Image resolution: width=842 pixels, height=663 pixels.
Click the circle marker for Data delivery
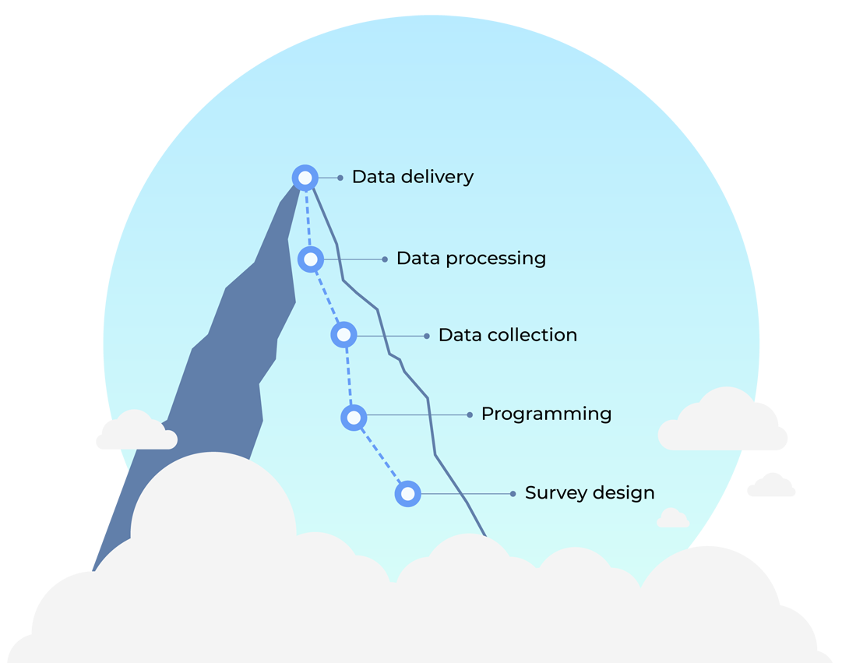pos(305,178)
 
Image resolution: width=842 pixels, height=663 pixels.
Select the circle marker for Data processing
pos(311,259)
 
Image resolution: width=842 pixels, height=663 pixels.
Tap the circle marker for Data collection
pos(343,335)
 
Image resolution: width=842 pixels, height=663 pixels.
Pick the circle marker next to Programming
pos(354,418)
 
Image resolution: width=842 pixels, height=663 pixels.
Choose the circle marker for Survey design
pos(407,494)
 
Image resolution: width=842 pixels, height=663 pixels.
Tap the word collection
pos(531,335)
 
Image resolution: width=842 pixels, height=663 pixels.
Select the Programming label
pos(546,414)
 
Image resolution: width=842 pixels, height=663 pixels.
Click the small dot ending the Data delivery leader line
pos(340,178)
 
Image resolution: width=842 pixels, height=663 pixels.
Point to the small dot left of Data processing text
pos(385,259)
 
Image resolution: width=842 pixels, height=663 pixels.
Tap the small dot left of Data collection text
pos(427,336)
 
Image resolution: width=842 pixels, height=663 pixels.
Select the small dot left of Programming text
pos(470,415)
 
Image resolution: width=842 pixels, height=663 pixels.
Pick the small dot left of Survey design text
pos(513,494)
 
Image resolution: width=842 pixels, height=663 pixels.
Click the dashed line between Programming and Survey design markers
pos(381,457)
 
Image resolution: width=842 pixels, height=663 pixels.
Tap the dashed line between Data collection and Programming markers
pos(348,376)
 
